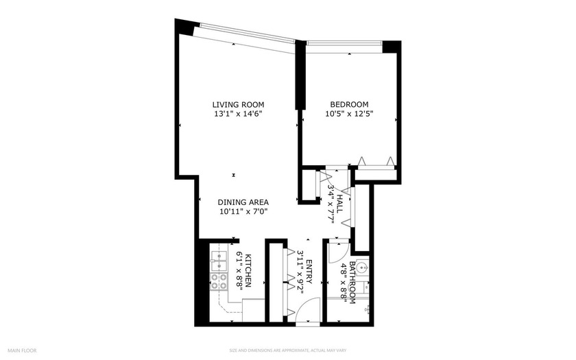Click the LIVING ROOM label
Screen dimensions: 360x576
point(237,104)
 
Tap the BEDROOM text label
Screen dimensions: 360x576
point(349,104)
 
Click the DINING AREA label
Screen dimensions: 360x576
point(243,202)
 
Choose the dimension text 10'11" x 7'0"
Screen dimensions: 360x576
point(243,212)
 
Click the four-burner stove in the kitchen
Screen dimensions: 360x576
point(219,281)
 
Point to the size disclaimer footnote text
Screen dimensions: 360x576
point(287,350)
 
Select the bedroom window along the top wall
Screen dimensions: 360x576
point(344,45)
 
